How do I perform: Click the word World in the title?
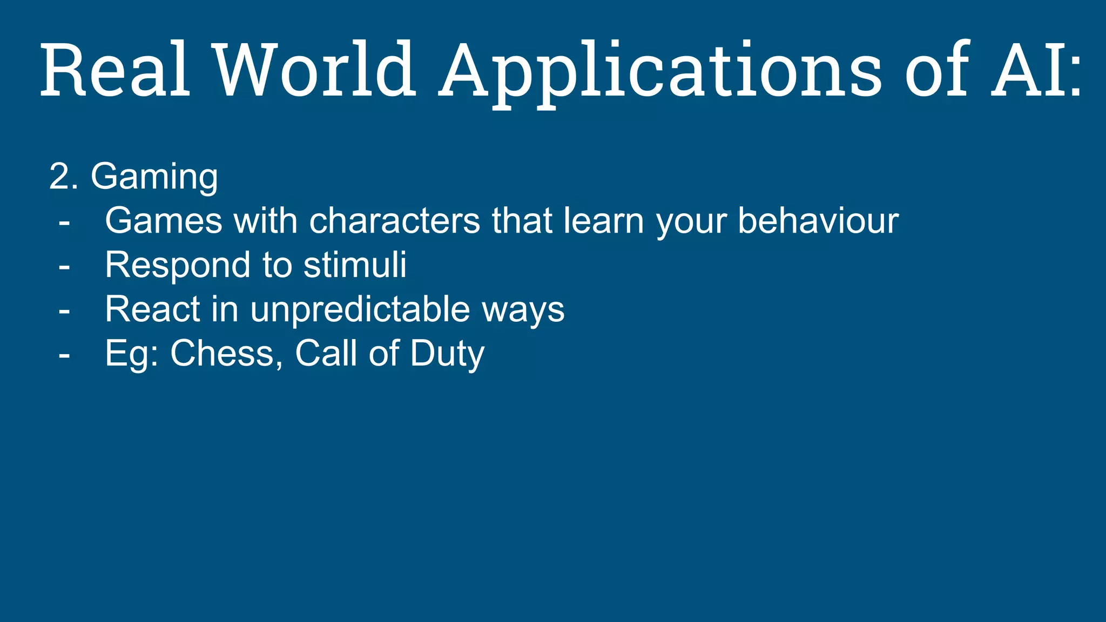click(x=315, y=70)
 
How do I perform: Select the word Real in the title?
click(x=115, y=70)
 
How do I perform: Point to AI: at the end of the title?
click(x=1036, y=70)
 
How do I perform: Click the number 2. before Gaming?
click(x=63, y=177)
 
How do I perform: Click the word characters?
click(x=394, y=221)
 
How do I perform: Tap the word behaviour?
click(x=818, y=221)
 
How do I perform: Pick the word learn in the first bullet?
click(x=603, y=221)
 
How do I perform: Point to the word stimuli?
click(x=355, y=265)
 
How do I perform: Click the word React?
click(x=152, y=309)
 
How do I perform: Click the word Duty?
click(x=447, y=355)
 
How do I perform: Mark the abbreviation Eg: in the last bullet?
click(x=131, y=355)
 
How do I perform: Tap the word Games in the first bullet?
click(x=164, y=221)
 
